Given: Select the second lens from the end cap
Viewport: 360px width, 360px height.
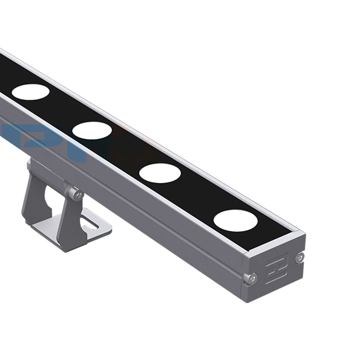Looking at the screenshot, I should point(160,172).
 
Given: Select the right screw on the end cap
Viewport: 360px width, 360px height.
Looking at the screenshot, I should point(298,257).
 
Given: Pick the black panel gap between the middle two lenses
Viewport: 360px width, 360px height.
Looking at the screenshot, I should point(126,151).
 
